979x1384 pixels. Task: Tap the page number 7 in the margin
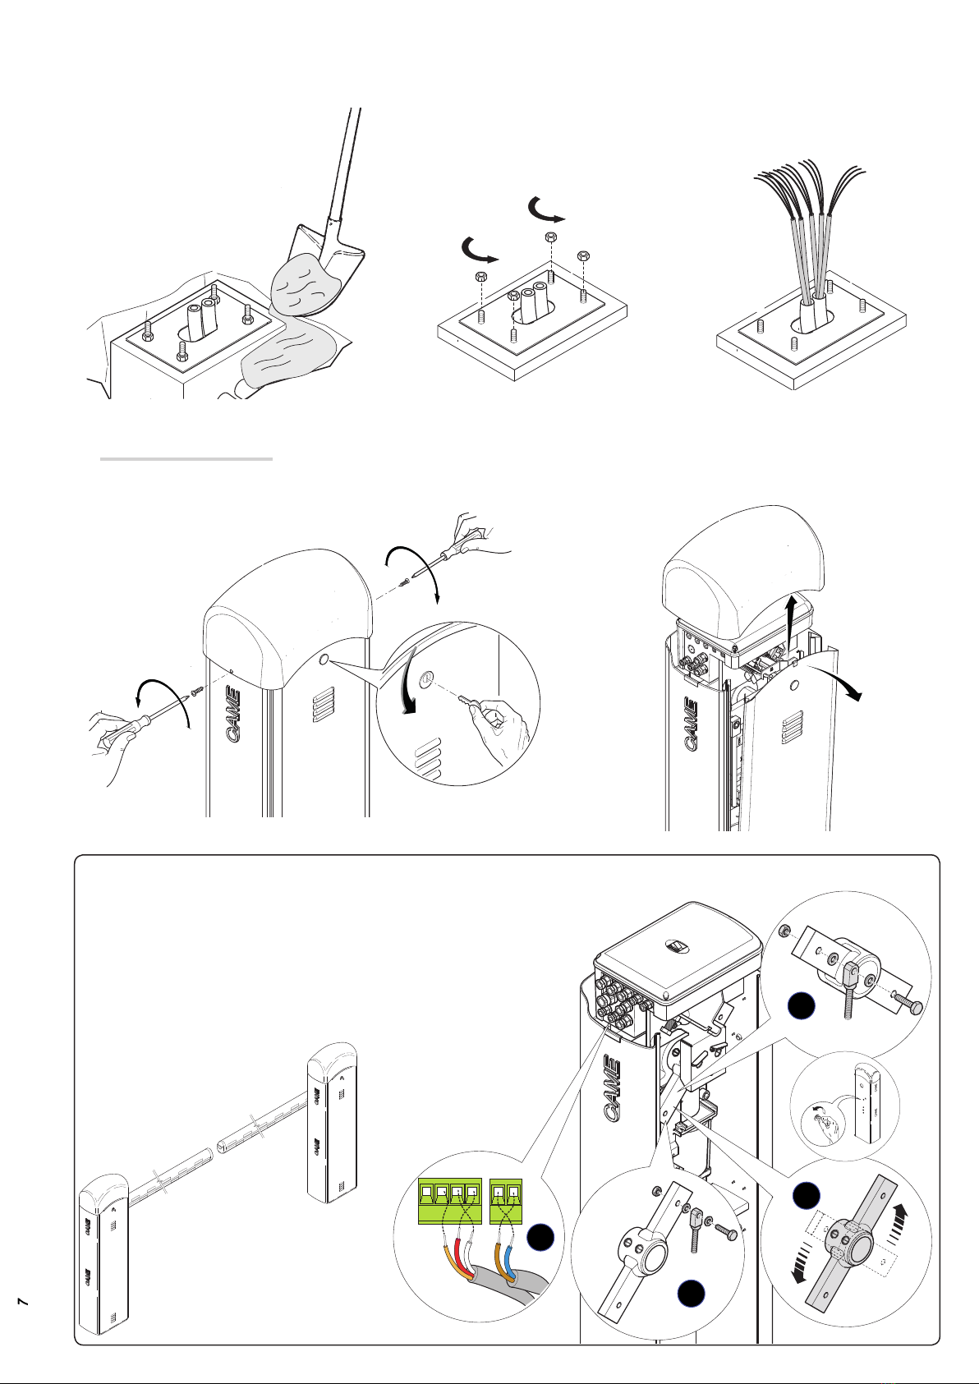click(24, 1302)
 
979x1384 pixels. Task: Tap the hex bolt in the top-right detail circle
click(909, 1004)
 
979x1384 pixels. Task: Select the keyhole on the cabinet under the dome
click(323, 659)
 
